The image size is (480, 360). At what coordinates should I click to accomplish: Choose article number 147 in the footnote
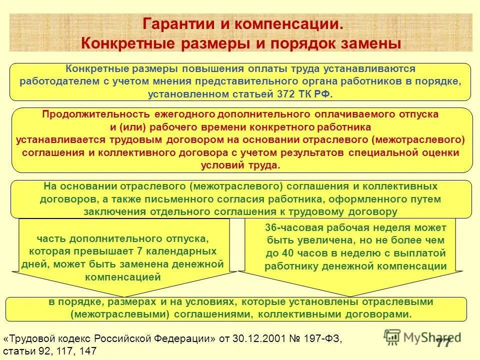click(87, 351)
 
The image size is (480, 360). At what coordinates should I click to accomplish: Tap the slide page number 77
click(442, 343)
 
